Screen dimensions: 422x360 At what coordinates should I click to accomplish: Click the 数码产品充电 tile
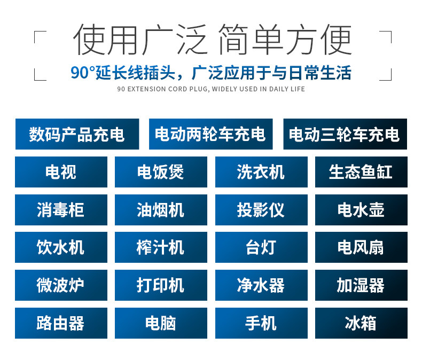coord(77,134)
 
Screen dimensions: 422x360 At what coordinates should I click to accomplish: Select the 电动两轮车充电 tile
coord(210,134)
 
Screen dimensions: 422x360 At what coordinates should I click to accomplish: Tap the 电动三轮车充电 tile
coord(345,134)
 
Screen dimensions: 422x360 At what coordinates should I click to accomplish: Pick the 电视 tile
coord(61,172)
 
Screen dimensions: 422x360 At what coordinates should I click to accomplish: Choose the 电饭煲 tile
coord(161,172)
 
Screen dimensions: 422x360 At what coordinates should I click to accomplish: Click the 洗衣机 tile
coord(261,172)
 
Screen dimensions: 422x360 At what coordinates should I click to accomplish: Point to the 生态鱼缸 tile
coord(361,172)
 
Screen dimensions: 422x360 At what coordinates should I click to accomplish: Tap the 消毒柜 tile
coord(61,210)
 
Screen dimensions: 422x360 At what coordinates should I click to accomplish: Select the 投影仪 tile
coord(261,210)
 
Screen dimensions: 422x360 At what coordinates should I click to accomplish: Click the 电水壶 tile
coord(361,210)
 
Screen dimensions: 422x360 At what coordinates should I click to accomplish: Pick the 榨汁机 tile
coord(161,247)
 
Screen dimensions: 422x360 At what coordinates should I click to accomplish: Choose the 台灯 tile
coord(261,247)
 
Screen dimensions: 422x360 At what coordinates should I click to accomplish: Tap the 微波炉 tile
coord(61,285)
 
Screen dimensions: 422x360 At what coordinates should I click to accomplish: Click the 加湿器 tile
coord(361,285)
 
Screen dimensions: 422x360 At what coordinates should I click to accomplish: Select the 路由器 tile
coord(61,323)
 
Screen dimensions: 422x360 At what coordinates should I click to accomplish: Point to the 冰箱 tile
coord(361,323)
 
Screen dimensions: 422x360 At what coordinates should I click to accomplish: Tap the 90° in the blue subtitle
coord(83,73)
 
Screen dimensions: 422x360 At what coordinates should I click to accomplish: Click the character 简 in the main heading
coord(233,40)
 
